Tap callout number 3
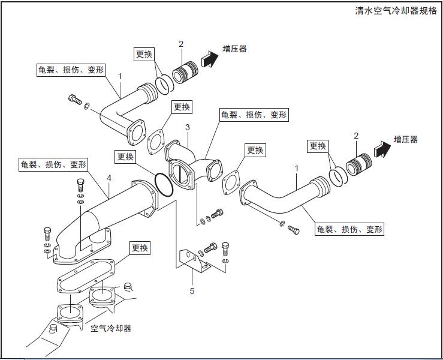[x=188, y=128]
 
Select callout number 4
[x=109, y=178]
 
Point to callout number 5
[x=192, y=291]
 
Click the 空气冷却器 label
[x=111, y=328]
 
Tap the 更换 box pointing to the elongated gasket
[x=140, y=247]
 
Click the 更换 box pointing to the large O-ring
[x=125, y=157]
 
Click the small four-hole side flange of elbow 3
[x=212, y=169]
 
